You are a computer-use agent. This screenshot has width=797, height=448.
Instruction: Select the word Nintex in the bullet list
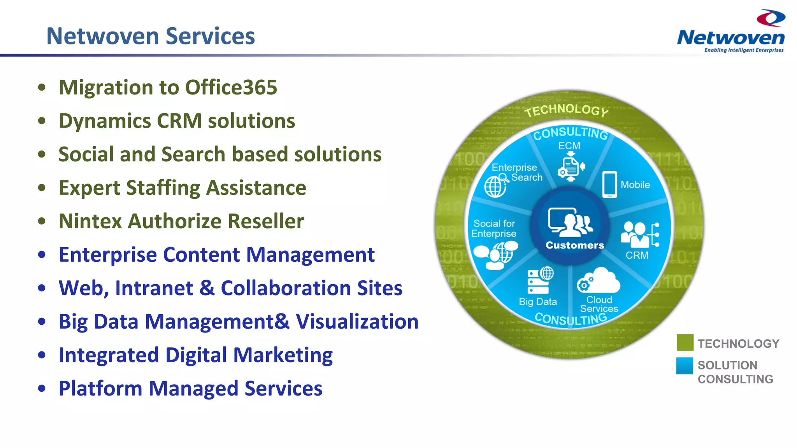90,221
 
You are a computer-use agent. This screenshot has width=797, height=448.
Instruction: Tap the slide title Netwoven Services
150,36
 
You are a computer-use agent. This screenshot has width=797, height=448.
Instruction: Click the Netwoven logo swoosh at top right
771,18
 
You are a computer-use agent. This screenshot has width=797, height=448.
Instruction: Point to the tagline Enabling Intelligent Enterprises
744,50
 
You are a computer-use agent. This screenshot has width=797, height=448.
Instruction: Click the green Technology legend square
685,343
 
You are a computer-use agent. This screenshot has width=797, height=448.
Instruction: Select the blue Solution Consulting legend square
685,366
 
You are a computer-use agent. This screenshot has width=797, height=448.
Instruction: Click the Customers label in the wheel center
575,245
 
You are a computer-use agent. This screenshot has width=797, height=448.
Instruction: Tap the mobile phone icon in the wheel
609,184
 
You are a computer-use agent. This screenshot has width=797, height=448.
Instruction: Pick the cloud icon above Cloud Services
599,281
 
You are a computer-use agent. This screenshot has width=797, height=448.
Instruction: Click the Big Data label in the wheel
538,302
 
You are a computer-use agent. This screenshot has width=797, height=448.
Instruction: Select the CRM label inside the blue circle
637,255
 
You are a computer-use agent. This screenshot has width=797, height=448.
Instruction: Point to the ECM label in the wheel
569,146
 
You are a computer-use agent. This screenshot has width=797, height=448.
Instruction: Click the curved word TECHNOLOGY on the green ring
566,110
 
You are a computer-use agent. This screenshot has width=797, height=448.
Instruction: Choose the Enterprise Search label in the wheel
516,172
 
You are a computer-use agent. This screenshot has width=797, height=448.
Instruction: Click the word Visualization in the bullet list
357,322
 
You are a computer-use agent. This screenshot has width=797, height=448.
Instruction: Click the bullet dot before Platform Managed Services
42,388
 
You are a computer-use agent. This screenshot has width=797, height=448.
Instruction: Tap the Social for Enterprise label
494,229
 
